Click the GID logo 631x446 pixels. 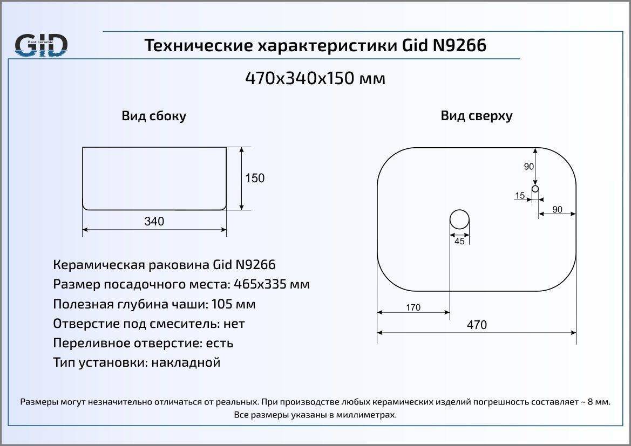click(x=41, y=45)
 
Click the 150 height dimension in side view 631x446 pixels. click(x=255, y=178)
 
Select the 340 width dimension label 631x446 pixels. click(x=154, y=221)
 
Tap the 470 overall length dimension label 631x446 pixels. click(x=477, y=325)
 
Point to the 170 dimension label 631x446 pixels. click(x=413, y=307)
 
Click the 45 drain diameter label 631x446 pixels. click(x=459, y=241)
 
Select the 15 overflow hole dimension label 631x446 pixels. click(x=520, y=195)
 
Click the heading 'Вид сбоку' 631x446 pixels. click(x=154, y=116)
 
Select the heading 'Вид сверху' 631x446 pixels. click(x=477, y=116)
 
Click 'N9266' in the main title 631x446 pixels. click(x=459, y=45)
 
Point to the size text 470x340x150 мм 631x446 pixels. click(x=315, y=78)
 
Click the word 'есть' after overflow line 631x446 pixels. click(x=219, y=344)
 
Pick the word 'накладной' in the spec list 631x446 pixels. click(x=186, y=363)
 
